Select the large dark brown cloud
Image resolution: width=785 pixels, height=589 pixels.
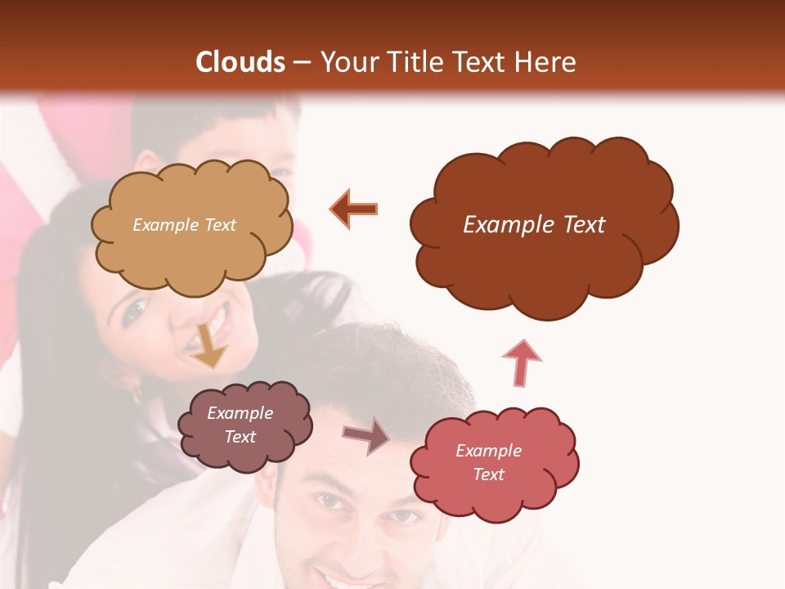click(543, 225)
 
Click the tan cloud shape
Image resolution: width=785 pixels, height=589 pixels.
click(191, 225)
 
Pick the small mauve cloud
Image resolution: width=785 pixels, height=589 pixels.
click(244, 425)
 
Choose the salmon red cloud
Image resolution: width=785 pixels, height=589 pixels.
click(494, 464)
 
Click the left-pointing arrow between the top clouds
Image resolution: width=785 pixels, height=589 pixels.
click(354, 209)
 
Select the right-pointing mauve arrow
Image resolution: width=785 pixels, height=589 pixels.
click(366, 435)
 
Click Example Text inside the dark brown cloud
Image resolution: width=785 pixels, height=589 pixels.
click(534, 225)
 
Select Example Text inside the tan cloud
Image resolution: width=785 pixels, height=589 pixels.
click(184, 225)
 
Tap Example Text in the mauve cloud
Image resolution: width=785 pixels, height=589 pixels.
click(240, 425)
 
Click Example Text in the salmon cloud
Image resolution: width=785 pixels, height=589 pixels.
click(488, 462)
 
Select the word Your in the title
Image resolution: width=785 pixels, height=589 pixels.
click(347, 62)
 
